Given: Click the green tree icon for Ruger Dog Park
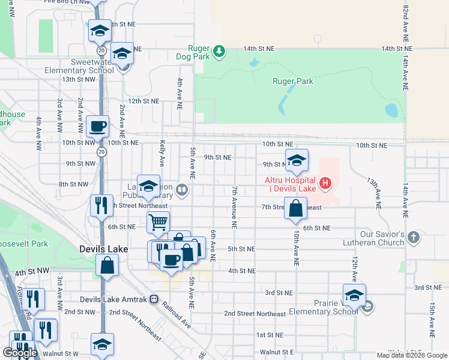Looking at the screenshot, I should pyautogui.click(x=220, y=52).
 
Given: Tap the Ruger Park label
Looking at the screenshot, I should pyautogui.click(x=292, y=81).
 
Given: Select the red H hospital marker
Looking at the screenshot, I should pyautogui.click(x=325, y=182).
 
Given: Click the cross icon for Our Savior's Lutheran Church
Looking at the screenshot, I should pyautogui.click(x=413, y=238).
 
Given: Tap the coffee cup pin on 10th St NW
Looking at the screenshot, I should pyautogui.click(x=97, y=127).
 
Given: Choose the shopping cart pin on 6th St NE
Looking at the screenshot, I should pyautogui.click(x=158, y=222).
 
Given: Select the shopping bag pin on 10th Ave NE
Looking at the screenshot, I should pyautogui.click(x=296, y=209).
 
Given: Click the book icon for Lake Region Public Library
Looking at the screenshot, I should pyautogui.click(x=182, y=191).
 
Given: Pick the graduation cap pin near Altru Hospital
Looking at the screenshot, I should pyautogui.click(x=296, y=160).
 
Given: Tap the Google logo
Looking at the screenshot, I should pyautogui.click(x=20, y=353).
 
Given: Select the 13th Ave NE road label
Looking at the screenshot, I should pyautogui.click(x=375, y=192).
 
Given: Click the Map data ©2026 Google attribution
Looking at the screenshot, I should pyautogui.click(x=411, y=355).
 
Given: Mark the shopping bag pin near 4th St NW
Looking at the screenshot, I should pyautogui.click(x=107, y=265).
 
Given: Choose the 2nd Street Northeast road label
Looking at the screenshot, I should pyautogui.click(x=255, y=314).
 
